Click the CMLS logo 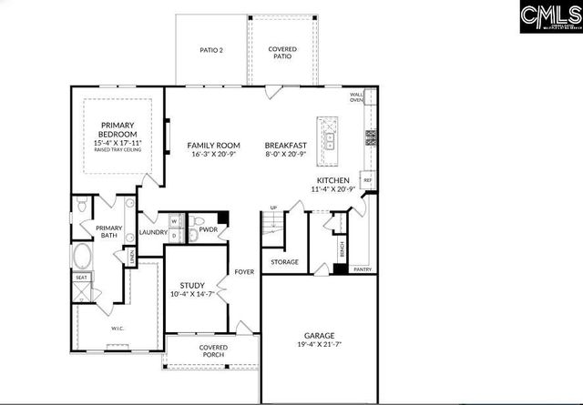550,17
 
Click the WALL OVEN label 358,98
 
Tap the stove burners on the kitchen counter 371,138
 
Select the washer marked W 173,221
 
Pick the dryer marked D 173,236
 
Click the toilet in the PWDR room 195,222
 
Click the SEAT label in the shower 81,278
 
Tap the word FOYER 244,271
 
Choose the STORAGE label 284,262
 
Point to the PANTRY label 362,269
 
